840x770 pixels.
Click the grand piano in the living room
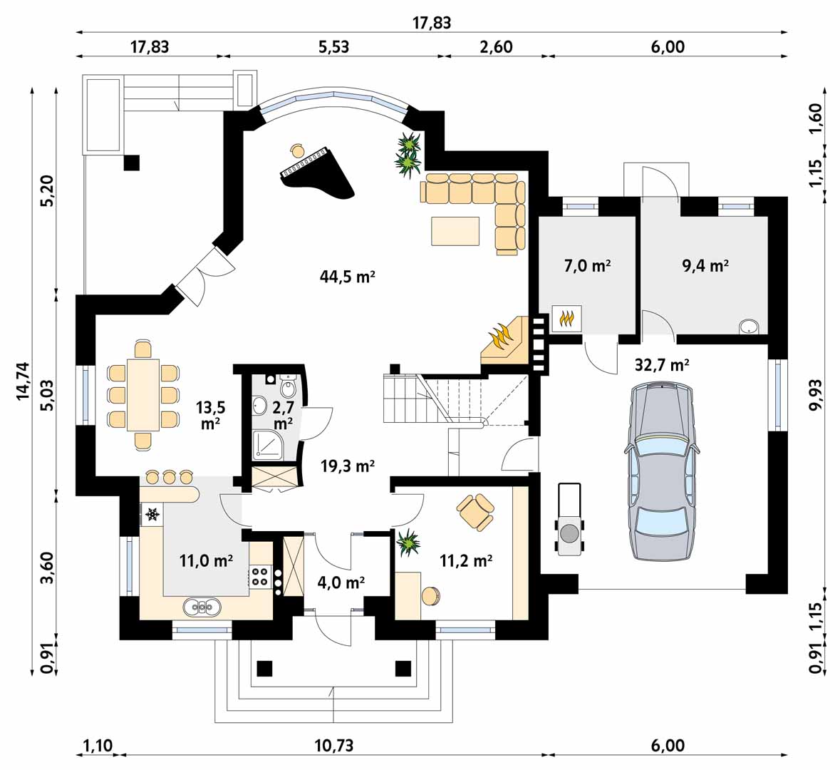pyautogui.click(x=316, y=173)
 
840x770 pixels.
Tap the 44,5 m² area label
pyautogui.click(x=347, y=277)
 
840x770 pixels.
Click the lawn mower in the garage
pyautogui.click(x=569, y=519)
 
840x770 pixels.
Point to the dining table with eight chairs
pyautogui.click(x=143, y=395)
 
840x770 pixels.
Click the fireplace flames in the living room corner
pyautogui.click(x=502, y=337)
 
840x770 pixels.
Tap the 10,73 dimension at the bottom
pyautogui.click(x=333, y=745)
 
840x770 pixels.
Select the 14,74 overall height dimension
pyautogui.click(x=23, y=381)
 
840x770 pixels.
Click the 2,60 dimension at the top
pyautogui.click(x=496, y=46)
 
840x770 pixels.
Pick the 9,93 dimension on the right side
pyautogui.click(x=815, y=395)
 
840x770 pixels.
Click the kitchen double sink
pyautogui.click(x=202, y=607)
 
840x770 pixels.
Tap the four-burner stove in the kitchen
pyautogui.click(x=260, y=577)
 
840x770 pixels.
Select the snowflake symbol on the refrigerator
pyautogui.click(x=152, y=515)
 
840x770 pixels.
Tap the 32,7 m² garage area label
pyautogui.click(x=662, y=365)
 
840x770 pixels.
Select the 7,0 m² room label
pyautogui.click(x=588, y=265)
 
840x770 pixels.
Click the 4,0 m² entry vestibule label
pyautogui.click(x=341, y=582)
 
